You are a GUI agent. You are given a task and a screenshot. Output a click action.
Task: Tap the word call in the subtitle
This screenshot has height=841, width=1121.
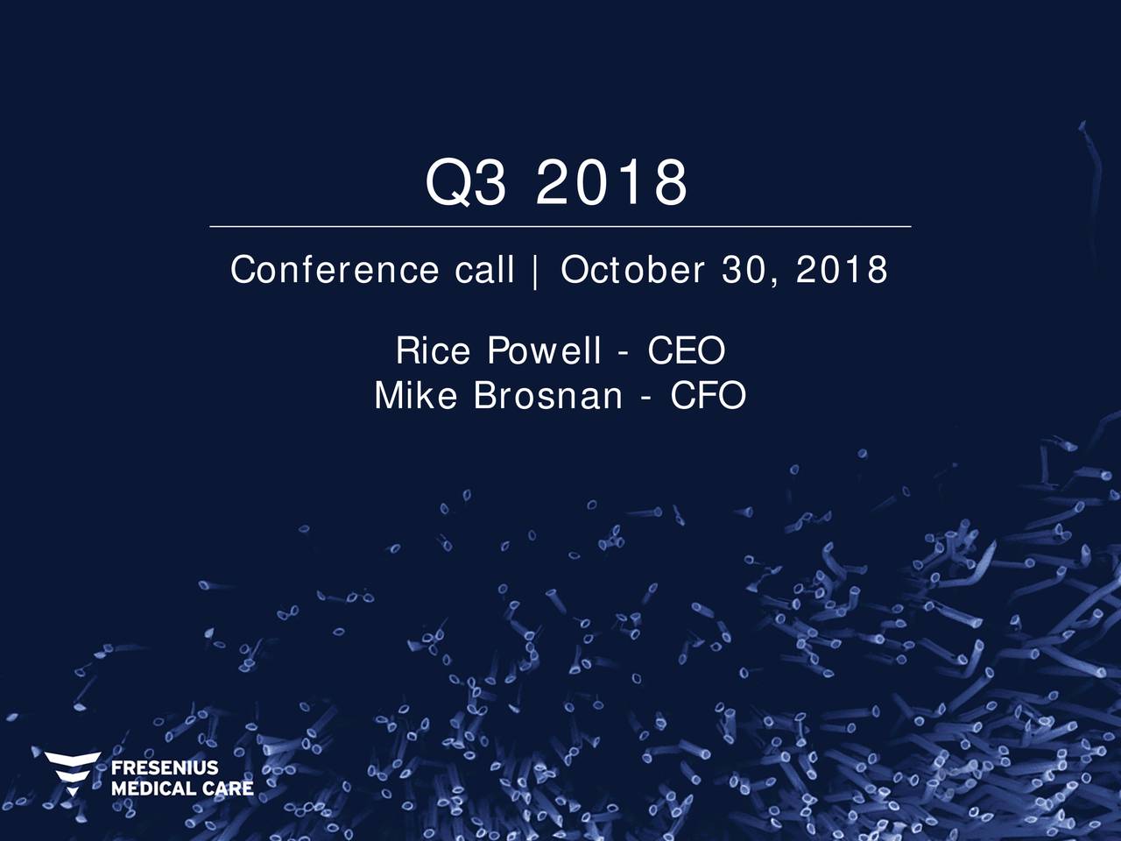pyautogui.click(x=484, y=271)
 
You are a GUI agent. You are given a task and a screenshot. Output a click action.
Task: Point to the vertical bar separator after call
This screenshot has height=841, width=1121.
pyautogui.click(x=534, y=272)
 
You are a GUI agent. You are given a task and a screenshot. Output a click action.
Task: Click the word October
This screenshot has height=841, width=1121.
pyautogui.click(x=632, y=271)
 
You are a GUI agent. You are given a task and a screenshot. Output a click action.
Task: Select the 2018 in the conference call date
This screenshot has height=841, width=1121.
pyautogui.click(x=842, y=271)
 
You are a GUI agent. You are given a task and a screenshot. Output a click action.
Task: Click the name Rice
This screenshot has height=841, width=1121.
pyautogui.click(x=433, y=351)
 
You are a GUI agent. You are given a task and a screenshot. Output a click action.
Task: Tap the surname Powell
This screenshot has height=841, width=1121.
pyautogui.click(x=544, y=351)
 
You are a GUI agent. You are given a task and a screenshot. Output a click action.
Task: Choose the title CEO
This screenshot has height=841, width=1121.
pyautogui.click(x=686, y=351)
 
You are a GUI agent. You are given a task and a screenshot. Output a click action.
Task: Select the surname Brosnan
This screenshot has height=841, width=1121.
pyautogui.click(x=547, y=397)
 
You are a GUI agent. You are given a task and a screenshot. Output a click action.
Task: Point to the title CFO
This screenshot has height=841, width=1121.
pyautogui.click(x=708, y=397)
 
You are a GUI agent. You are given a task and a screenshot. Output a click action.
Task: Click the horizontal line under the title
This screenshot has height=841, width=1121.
pyautogui.click(x=560, y=226)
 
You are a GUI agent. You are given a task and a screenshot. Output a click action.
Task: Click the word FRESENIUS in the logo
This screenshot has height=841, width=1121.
pyautogui.click(x=165, y=768)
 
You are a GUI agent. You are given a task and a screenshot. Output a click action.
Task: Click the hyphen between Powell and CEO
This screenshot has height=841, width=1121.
pyautogui.click(x=622, y=353)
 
